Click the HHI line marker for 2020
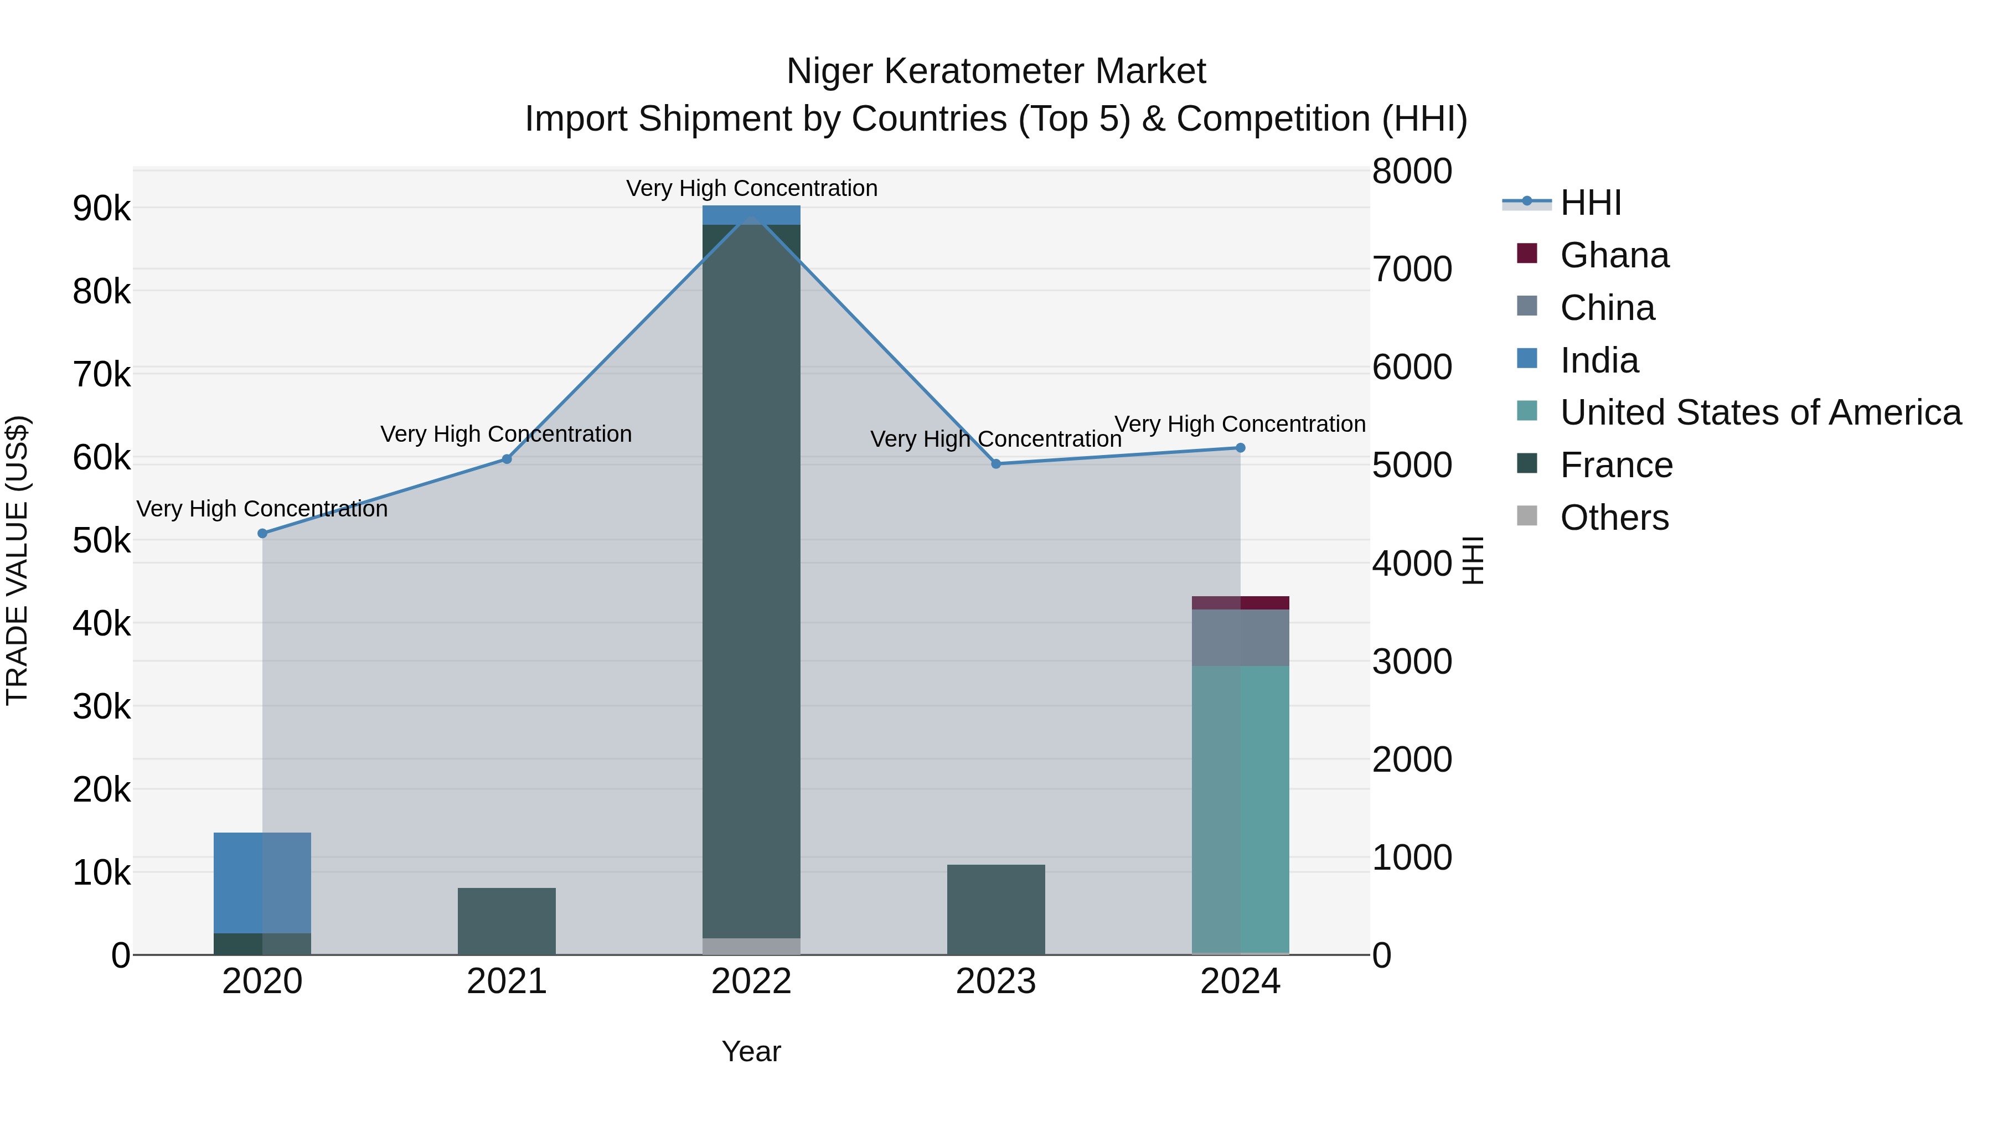click(262, 533)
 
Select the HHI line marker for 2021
click(507, 459)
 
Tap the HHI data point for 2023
click(996, 463)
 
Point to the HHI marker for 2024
click(1240, 447)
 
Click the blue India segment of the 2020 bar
click(262, 882)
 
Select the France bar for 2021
click(507, 921)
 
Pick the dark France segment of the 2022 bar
click(751, 580)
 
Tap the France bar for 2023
click(996, 909)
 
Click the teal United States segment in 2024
click(1240, 808)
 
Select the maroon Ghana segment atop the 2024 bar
click(1240, 603)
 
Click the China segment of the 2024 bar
click(1240, 638)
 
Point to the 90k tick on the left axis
click(101, 209)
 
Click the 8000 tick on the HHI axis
click(1412, 171)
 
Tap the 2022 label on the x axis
click(751, 981)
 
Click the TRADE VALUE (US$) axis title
click(17, 561)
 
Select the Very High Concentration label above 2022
click(751, 188)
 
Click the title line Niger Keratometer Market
click(996, 71)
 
